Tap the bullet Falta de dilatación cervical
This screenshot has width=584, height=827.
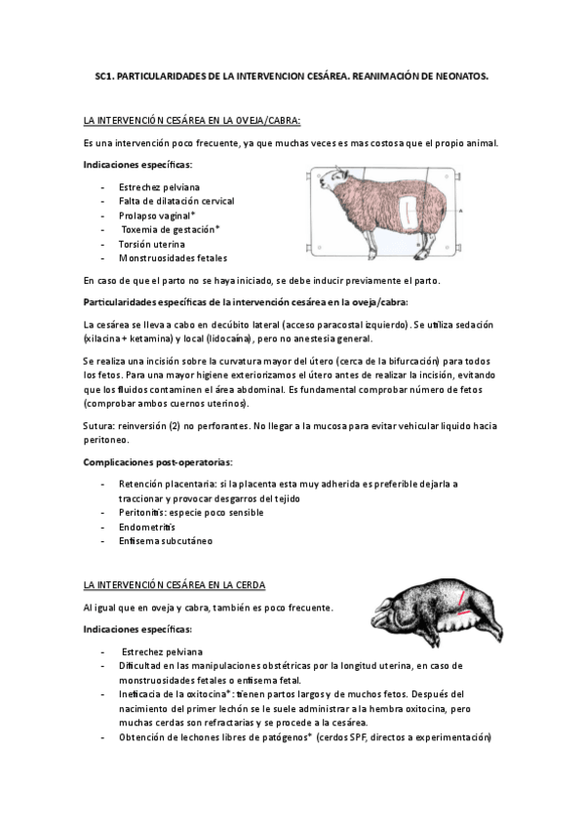tap(175, 199)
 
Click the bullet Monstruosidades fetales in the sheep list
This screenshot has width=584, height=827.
tap(173, 257)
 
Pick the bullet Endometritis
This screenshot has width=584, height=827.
tap(147, 526)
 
